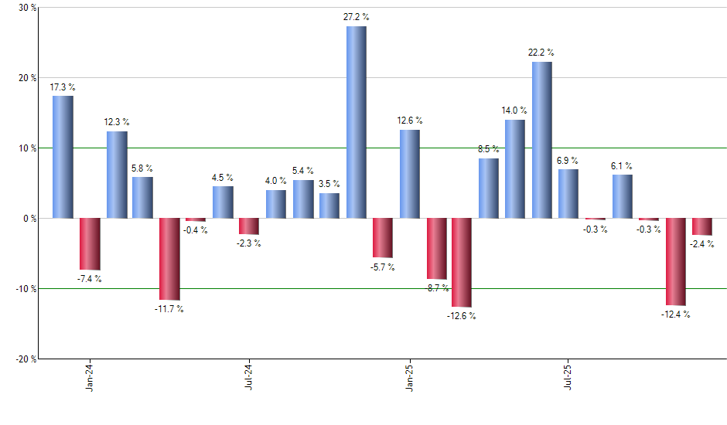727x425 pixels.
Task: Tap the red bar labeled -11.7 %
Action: (170, 259)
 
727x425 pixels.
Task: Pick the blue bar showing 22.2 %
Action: (541, 140)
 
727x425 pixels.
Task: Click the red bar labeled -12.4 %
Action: (676, 262)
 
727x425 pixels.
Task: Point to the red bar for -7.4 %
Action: (90, 243)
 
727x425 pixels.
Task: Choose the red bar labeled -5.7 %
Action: (383, 238)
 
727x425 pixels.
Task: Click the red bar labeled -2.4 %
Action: (702, 226)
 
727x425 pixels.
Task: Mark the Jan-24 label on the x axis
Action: (90, 376)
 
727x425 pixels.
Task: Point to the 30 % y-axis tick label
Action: (27, 8)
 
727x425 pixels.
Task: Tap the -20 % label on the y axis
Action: (26, 359)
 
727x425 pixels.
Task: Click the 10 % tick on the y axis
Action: (27, 148)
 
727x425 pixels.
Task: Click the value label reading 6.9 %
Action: (568, 160)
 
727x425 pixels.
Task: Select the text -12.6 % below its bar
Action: (462, 315)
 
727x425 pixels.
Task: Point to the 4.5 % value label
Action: (223, 177)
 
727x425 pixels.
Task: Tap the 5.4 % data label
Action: (303, 171)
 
